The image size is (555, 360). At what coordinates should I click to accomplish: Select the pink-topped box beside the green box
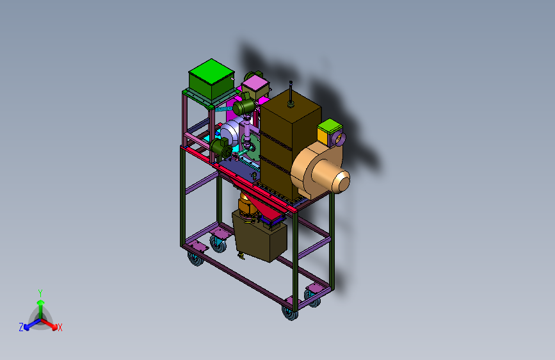click(255, 86)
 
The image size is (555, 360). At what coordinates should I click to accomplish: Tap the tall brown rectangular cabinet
click(290, 142)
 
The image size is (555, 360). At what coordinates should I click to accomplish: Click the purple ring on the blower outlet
click(337, 138)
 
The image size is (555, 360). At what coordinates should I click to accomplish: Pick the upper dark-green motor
click(245, 105)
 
